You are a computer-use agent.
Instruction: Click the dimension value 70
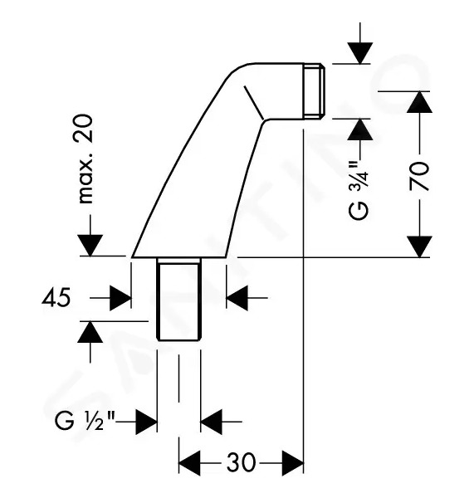[x=419, y=176]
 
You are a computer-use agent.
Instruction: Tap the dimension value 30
[x=241, y=462]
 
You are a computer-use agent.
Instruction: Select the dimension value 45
[x=56, y=299]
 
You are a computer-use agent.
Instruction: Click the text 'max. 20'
[x=86, y=159]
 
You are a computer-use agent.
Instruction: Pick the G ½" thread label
[x=85, y=422]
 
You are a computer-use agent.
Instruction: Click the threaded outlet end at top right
[x=314, y=91]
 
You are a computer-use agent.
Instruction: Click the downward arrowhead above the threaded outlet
[x=359, y=53]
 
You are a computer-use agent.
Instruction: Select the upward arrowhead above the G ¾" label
[x=359, y=129]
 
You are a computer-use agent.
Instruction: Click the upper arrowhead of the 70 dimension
[x=420, y=102]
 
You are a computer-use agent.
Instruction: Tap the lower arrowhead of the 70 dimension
[x=420, y=247]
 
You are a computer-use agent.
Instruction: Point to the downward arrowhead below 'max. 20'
[x=90, y=245]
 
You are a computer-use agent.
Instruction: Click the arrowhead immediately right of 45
[x=120, y=298]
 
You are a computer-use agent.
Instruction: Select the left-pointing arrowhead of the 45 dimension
[x=237, y=298]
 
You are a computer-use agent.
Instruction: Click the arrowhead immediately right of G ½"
[x=146, y=422]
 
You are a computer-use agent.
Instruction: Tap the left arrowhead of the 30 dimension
[x=189, y=463]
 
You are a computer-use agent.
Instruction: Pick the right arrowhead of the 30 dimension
[x=292, y=463]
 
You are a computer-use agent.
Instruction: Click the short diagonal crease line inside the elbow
[x=253, y=103]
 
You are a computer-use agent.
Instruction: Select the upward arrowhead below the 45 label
[x=90, y=332]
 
